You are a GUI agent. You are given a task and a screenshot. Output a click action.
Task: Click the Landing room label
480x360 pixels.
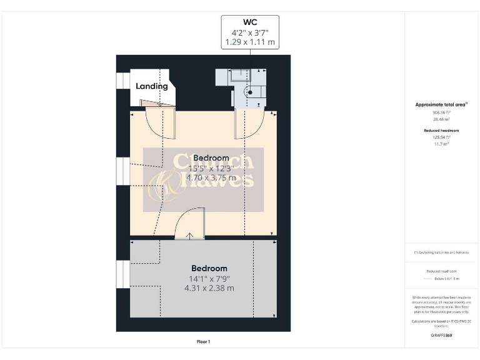tap(152, 86)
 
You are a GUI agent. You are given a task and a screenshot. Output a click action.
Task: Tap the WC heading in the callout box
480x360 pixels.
tap(250, 22)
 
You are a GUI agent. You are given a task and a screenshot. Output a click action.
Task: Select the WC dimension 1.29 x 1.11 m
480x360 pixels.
tap(250, 42)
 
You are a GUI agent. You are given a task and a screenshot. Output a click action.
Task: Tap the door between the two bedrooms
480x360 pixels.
tap(188, 226)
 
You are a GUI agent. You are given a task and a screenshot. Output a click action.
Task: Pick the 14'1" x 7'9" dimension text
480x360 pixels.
tap(209, 278)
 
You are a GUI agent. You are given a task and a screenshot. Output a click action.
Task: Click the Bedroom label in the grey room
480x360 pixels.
tap(209, 268)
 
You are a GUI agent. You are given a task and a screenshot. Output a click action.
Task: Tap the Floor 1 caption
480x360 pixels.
tap(203, 342)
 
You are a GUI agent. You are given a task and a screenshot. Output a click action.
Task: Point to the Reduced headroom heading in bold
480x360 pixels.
tap(441, 130)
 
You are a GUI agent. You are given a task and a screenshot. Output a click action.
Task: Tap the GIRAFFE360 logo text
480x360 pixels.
tap(441, 336)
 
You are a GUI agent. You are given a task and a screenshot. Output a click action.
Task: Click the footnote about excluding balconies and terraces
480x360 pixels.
tap(441, 252)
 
